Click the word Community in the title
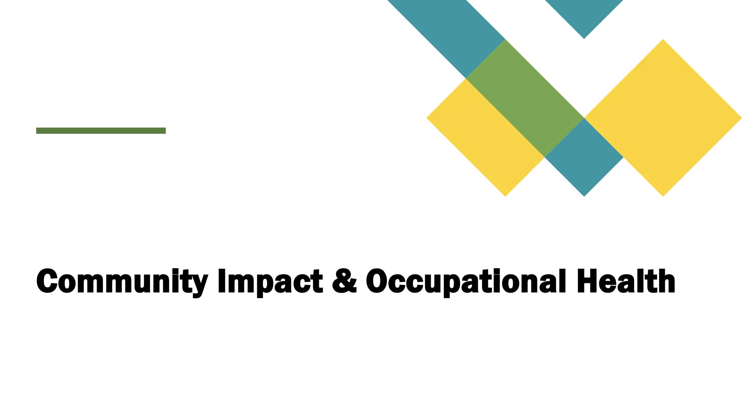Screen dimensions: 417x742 click(x=122, y=282)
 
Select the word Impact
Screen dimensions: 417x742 click(x=270, y=282)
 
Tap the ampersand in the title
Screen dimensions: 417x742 click(x=344, y=281)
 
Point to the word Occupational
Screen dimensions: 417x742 click(x=465, y=282)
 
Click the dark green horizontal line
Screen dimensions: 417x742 click(x=101, y=131)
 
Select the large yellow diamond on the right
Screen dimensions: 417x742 click(x=663, y=118)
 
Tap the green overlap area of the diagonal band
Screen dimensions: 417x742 click(x=525, y=98)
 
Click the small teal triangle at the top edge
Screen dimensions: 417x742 click(x=584, y=14)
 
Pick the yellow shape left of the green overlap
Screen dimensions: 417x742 click(x=485, y=138)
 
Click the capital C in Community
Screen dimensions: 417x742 click(x=47, y=281)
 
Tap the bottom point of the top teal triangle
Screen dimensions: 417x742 click(x=584, y=37)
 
